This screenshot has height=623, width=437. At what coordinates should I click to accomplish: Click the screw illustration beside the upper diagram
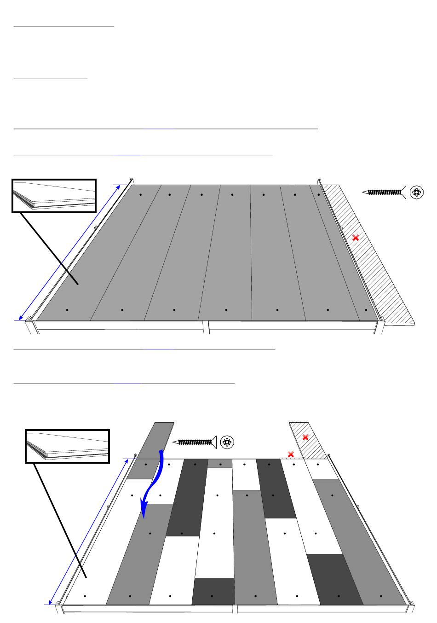click(x=384, y=192)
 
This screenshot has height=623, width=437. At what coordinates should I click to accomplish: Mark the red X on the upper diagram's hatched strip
click(x=355, y=238)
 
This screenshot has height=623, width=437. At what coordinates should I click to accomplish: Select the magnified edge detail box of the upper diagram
click(x=54, y=196)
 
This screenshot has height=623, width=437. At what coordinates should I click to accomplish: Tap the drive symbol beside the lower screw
click(x=226, y=442)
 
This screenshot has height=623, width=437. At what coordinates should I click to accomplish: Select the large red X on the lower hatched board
click(x=305, y=437)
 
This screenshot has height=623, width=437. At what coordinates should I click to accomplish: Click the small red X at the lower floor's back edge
click(x=291, y=454)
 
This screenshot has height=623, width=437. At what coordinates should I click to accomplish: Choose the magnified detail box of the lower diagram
click(x=67, y=446)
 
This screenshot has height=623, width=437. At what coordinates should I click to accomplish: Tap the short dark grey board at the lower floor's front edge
click(x=213, y=591)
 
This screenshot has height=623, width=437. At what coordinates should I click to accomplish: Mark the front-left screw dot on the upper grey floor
click(x=67, y=310)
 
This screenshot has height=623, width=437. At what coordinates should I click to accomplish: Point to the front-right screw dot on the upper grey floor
click(x=366, y=310)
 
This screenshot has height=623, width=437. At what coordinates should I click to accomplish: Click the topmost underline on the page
click(x=63, y=27)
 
